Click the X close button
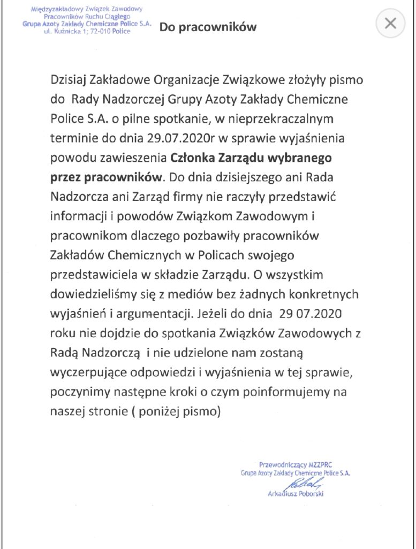point(391,23)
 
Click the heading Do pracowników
point(208,26)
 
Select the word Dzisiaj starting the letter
point(69,80)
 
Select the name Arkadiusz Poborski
point(296,494)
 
